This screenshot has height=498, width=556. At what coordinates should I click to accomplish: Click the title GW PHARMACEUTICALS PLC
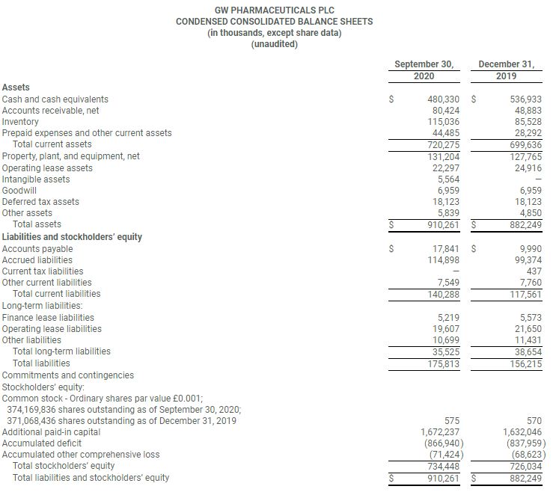274,10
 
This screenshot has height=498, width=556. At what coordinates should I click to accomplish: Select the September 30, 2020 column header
424,70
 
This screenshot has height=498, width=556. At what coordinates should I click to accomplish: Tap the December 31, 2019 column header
507,70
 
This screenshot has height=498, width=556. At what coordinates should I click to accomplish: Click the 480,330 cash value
443,99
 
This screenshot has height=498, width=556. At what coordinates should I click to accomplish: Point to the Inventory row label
20,121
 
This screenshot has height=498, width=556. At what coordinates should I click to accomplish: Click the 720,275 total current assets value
443,144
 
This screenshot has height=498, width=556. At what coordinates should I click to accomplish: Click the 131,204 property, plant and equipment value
443,156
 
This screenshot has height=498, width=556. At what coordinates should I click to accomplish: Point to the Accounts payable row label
37,248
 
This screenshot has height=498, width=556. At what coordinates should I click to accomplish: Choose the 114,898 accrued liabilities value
443,259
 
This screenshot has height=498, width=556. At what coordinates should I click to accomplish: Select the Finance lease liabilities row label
48,317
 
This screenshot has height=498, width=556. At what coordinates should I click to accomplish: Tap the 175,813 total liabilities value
443,363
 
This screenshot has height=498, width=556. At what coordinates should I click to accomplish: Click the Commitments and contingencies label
68,375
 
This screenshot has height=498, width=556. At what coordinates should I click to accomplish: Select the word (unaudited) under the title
274,44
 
